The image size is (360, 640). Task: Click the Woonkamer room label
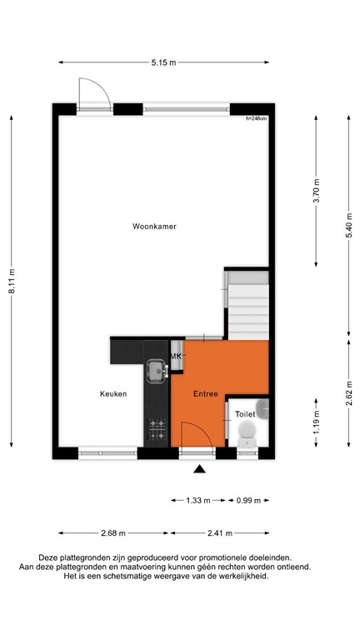pyautogui.click(x=154, y=227)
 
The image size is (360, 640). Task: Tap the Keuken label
pyautogui.click(x=113, y=394)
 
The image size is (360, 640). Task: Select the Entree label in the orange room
pyautogui.click(x=205, y=393)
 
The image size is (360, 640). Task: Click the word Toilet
pyautogui.click(x=244, y=413)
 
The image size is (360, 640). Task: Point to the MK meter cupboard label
pyautogui.click(x=176, y=357)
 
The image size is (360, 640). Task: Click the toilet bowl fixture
pyautogui.click(x=247, y=431)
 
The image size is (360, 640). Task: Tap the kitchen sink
pyautogui.click(x=156, y=367)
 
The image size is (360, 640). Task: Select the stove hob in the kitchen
pyautogui.click(x=156, y=429)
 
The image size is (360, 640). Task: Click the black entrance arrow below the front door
pyautogui.click(x=199, y=470)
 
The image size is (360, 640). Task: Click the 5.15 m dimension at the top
pyautogui.click(x=163, y=62)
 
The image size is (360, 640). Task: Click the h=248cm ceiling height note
pyautogui.click(x=257, y=119)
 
